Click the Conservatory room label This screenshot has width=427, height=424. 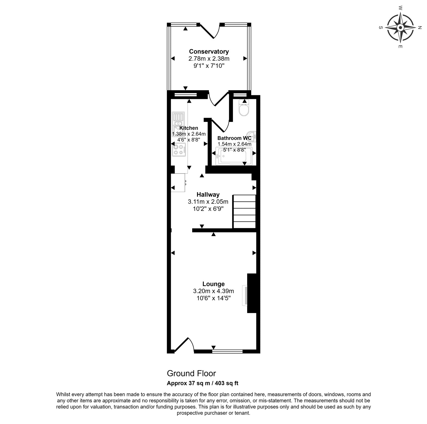click(x=209, y=51)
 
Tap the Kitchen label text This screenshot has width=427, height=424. click(x=189, y=128)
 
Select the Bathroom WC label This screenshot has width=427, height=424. click(x=234, y=138)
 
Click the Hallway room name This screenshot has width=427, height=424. click(x=208, y=195)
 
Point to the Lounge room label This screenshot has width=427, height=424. click(x=213, y=284)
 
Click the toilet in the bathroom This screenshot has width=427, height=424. click(x=244, y=108)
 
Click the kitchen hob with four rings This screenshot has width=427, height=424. click(x=179, y=149)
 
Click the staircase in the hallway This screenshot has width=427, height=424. click(x=244, y=211)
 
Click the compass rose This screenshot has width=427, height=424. click(x=400, y=27)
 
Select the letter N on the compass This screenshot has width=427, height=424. click(x=420, y=27)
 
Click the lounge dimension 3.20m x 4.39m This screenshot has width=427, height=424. click(x=213, y=291)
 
